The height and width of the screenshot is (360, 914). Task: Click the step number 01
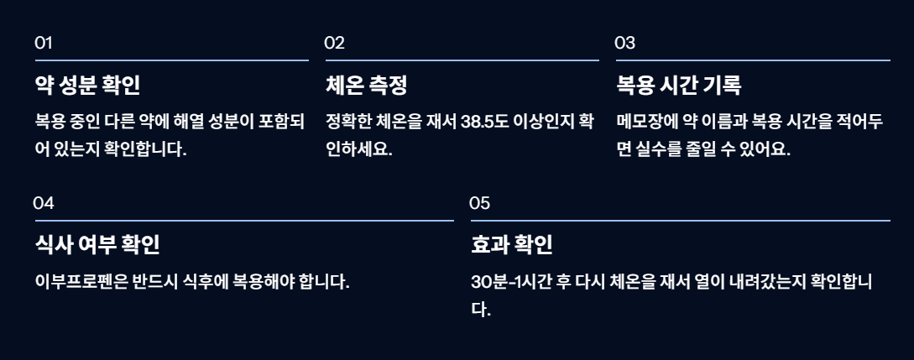44,43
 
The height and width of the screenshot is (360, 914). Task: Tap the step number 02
335,43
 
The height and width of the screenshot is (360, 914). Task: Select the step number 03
625,43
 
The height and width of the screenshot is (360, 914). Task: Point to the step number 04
44,203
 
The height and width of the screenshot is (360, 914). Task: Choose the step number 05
480,203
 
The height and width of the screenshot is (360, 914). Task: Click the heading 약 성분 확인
87,86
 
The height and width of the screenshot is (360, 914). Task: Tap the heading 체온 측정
366,86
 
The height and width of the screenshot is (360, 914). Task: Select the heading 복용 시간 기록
679,86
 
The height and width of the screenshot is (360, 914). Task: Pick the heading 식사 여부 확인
97,245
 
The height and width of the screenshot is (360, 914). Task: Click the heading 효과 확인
512,245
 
